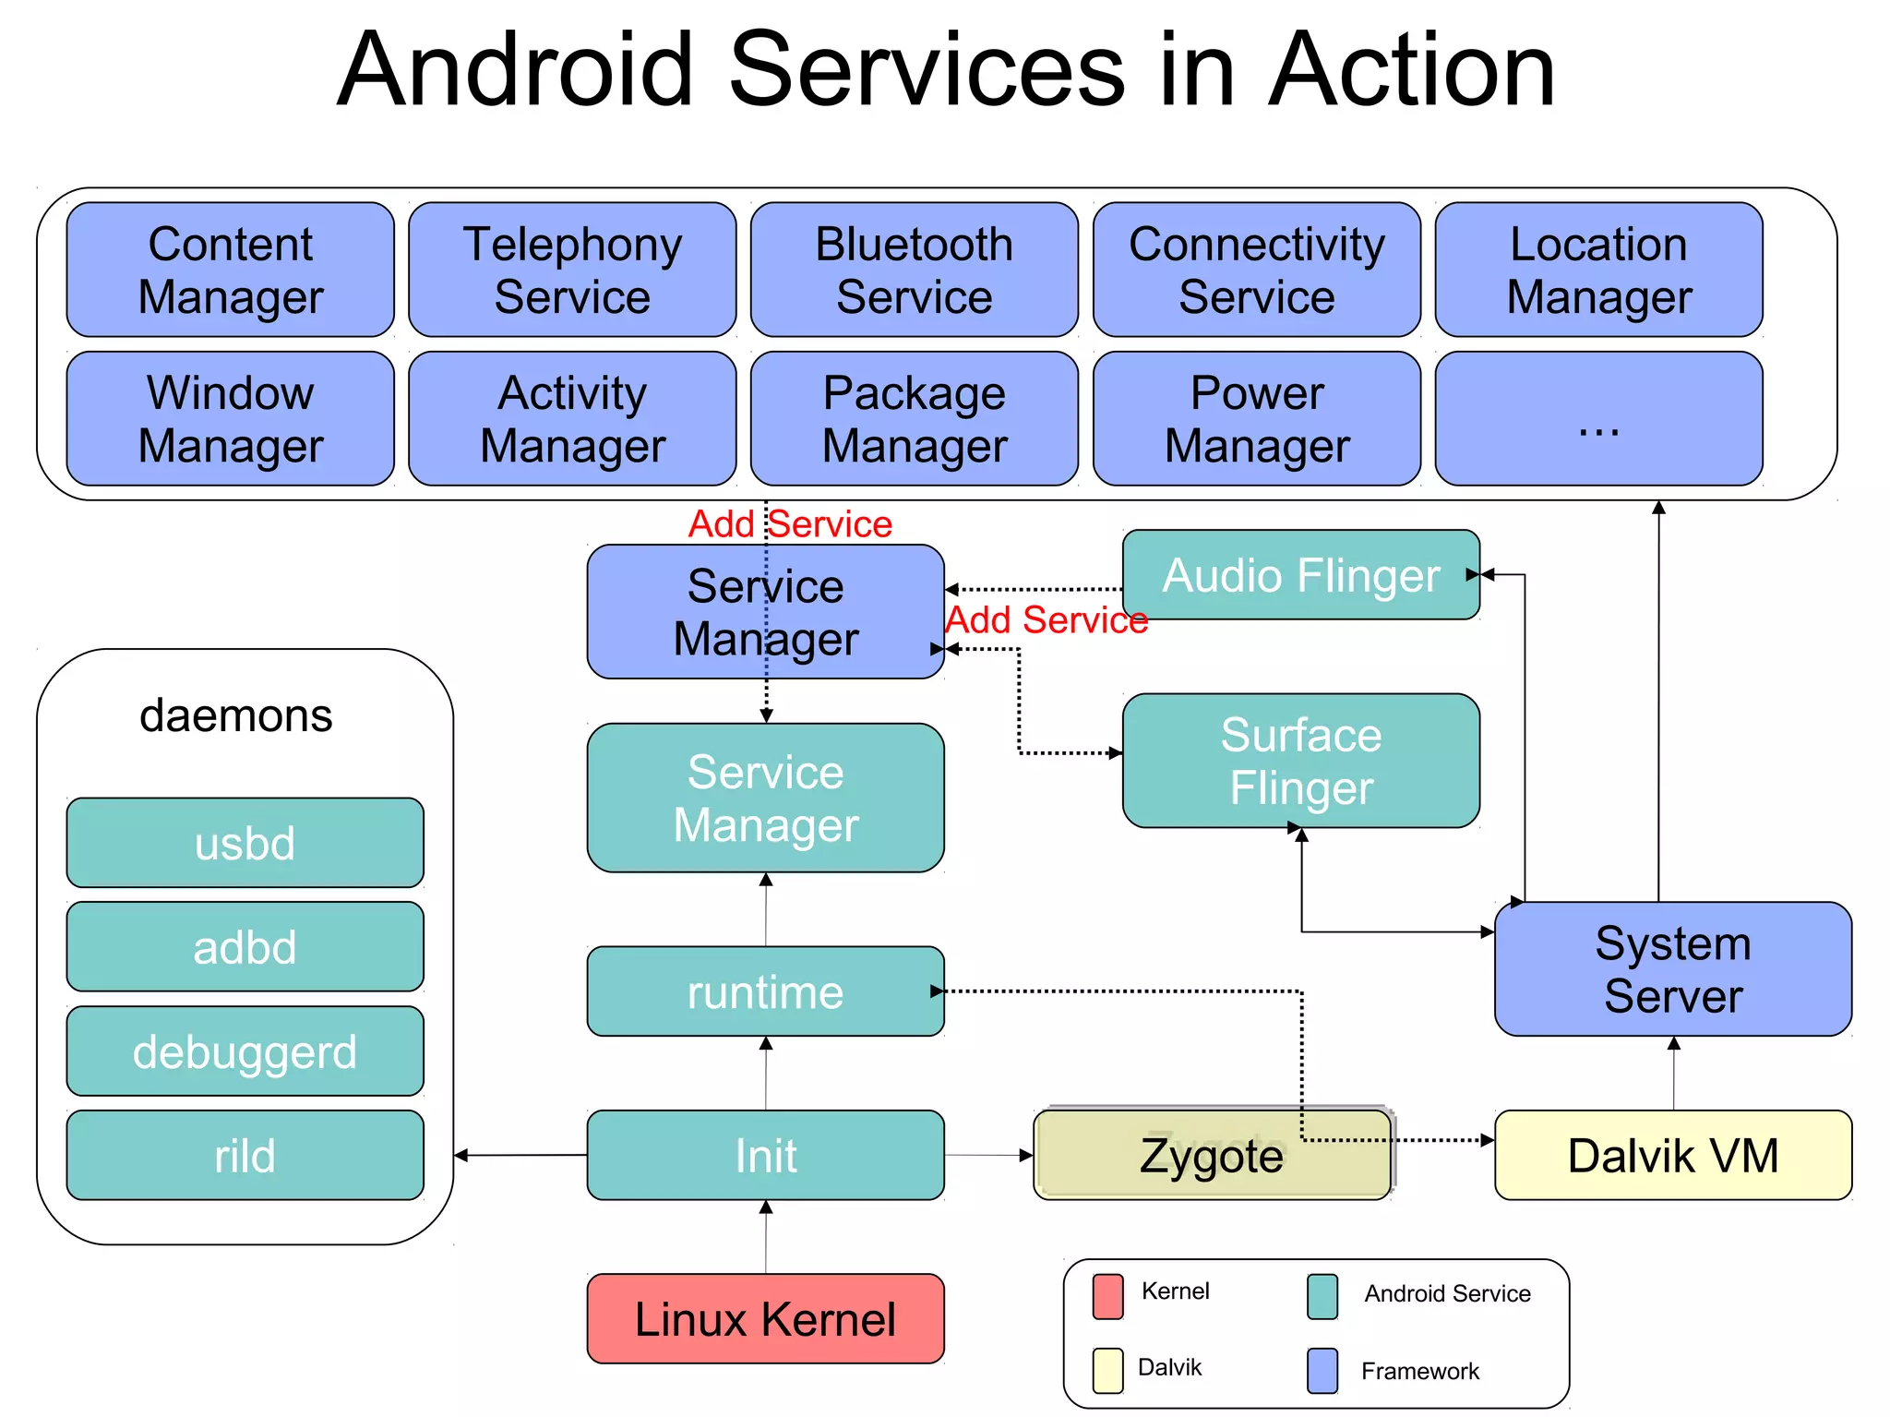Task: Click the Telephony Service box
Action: pyautogui.click(x=572, y=270)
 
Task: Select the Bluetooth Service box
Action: pyautogui.click(x=914, y=270)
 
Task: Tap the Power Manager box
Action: pyautogui.click(x=1256, y=418)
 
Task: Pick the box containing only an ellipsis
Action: pyautogui.click(x=1598, y=418)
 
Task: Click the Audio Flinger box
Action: pyautogui.click(x=1300, y=574)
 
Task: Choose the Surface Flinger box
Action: pyautogui.click(x=1300, y=761)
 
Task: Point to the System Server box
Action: pyautogui.click(x=1672, y=968)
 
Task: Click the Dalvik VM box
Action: pyautogui.click(x=1672, y=1155)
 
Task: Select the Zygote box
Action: pyautogui.click(x=1211, y=1155)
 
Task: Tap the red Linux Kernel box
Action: pyautogui.click(x=765, y=1318)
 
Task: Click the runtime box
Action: pyautogui.click(x=765, y=991)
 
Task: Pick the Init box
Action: pyautogui.click(x=765, y=1155)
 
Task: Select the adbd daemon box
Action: pyautogui.click(x=245, y=947)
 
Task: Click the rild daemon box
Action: pyautogui.click(x=245, y=1155)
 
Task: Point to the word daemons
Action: pyautogui.click(x=235, y=715)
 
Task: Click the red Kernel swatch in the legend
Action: pyautogui.click(x=1107, y=1296)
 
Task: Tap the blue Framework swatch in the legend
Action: pyautogui.click(x=1322, y=1370)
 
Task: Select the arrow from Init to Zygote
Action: pyautogui.click(x=988, y=1155)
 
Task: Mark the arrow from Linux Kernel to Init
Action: pyautogui.click(x=765, y=1237)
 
